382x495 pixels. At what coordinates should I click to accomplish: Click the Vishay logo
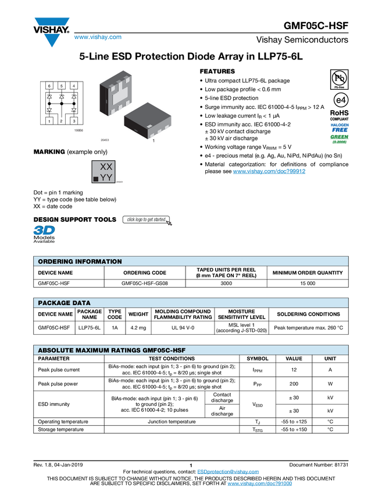pyautogui.click(x=51, y=31)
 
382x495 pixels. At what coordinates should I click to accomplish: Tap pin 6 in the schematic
pyautogui.click(x=49, y=86)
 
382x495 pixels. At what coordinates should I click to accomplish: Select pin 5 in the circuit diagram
pyautogui.click(x=62, y=86)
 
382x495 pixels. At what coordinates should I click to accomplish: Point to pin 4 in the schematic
pyautogui.click(x=74, y=86)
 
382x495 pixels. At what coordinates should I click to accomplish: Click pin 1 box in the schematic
pyautogui.click(x=49, y=121)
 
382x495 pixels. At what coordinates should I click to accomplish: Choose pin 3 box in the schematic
pyautogui.click(x=74, y=121)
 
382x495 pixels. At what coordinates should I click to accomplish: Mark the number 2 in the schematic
pyautogui.click(x=62, y=121)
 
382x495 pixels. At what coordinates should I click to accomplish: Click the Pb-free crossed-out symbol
pyautogui.click(x=339, y=78)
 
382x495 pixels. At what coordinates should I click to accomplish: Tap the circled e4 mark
pyautogui.click(x=339, y=100)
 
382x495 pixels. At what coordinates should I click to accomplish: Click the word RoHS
pyautogui.click(x=339, y=113)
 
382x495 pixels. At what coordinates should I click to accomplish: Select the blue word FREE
pyautogui.click(x=340, y=130)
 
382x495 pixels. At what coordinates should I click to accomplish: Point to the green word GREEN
pyautogui.click(x=340, y=137)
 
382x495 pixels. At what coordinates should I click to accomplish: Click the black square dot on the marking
pyautogui.click(x=96, y=179)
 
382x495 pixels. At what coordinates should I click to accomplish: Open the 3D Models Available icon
pyautogui.click(x=44, y=234)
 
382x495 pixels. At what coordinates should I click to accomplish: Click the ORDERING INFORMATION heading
pyautogui.click(x=80, y=261)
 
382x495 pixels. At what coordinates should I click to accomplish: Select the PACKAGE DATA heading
pyautogui.click(x=64, y=303)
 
